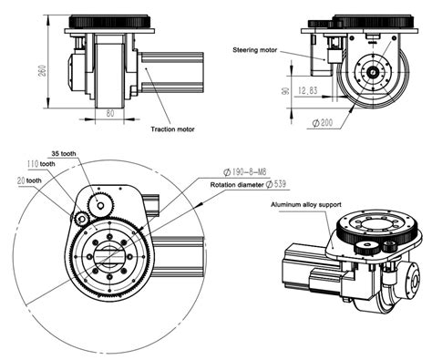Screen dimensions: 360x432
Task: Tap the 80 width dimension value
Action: click(x=109, y=114)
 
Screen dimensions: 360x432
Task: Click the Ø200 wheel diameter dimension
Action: click(x=325, y=121)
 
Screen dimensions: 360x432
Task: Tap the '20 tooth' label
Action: click(x=28, y=180)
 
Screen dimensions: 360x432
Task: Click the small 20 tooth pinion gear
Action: click(x=81, y=219)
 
